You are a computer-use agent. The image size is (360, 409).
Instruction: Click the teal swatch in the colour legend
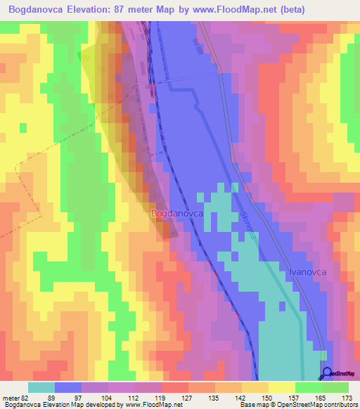pyautogui.click(x=41, y=387)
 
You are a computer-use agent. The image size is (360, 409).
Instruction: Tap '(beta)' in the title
pyautogui.click(x=331, y=11)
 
